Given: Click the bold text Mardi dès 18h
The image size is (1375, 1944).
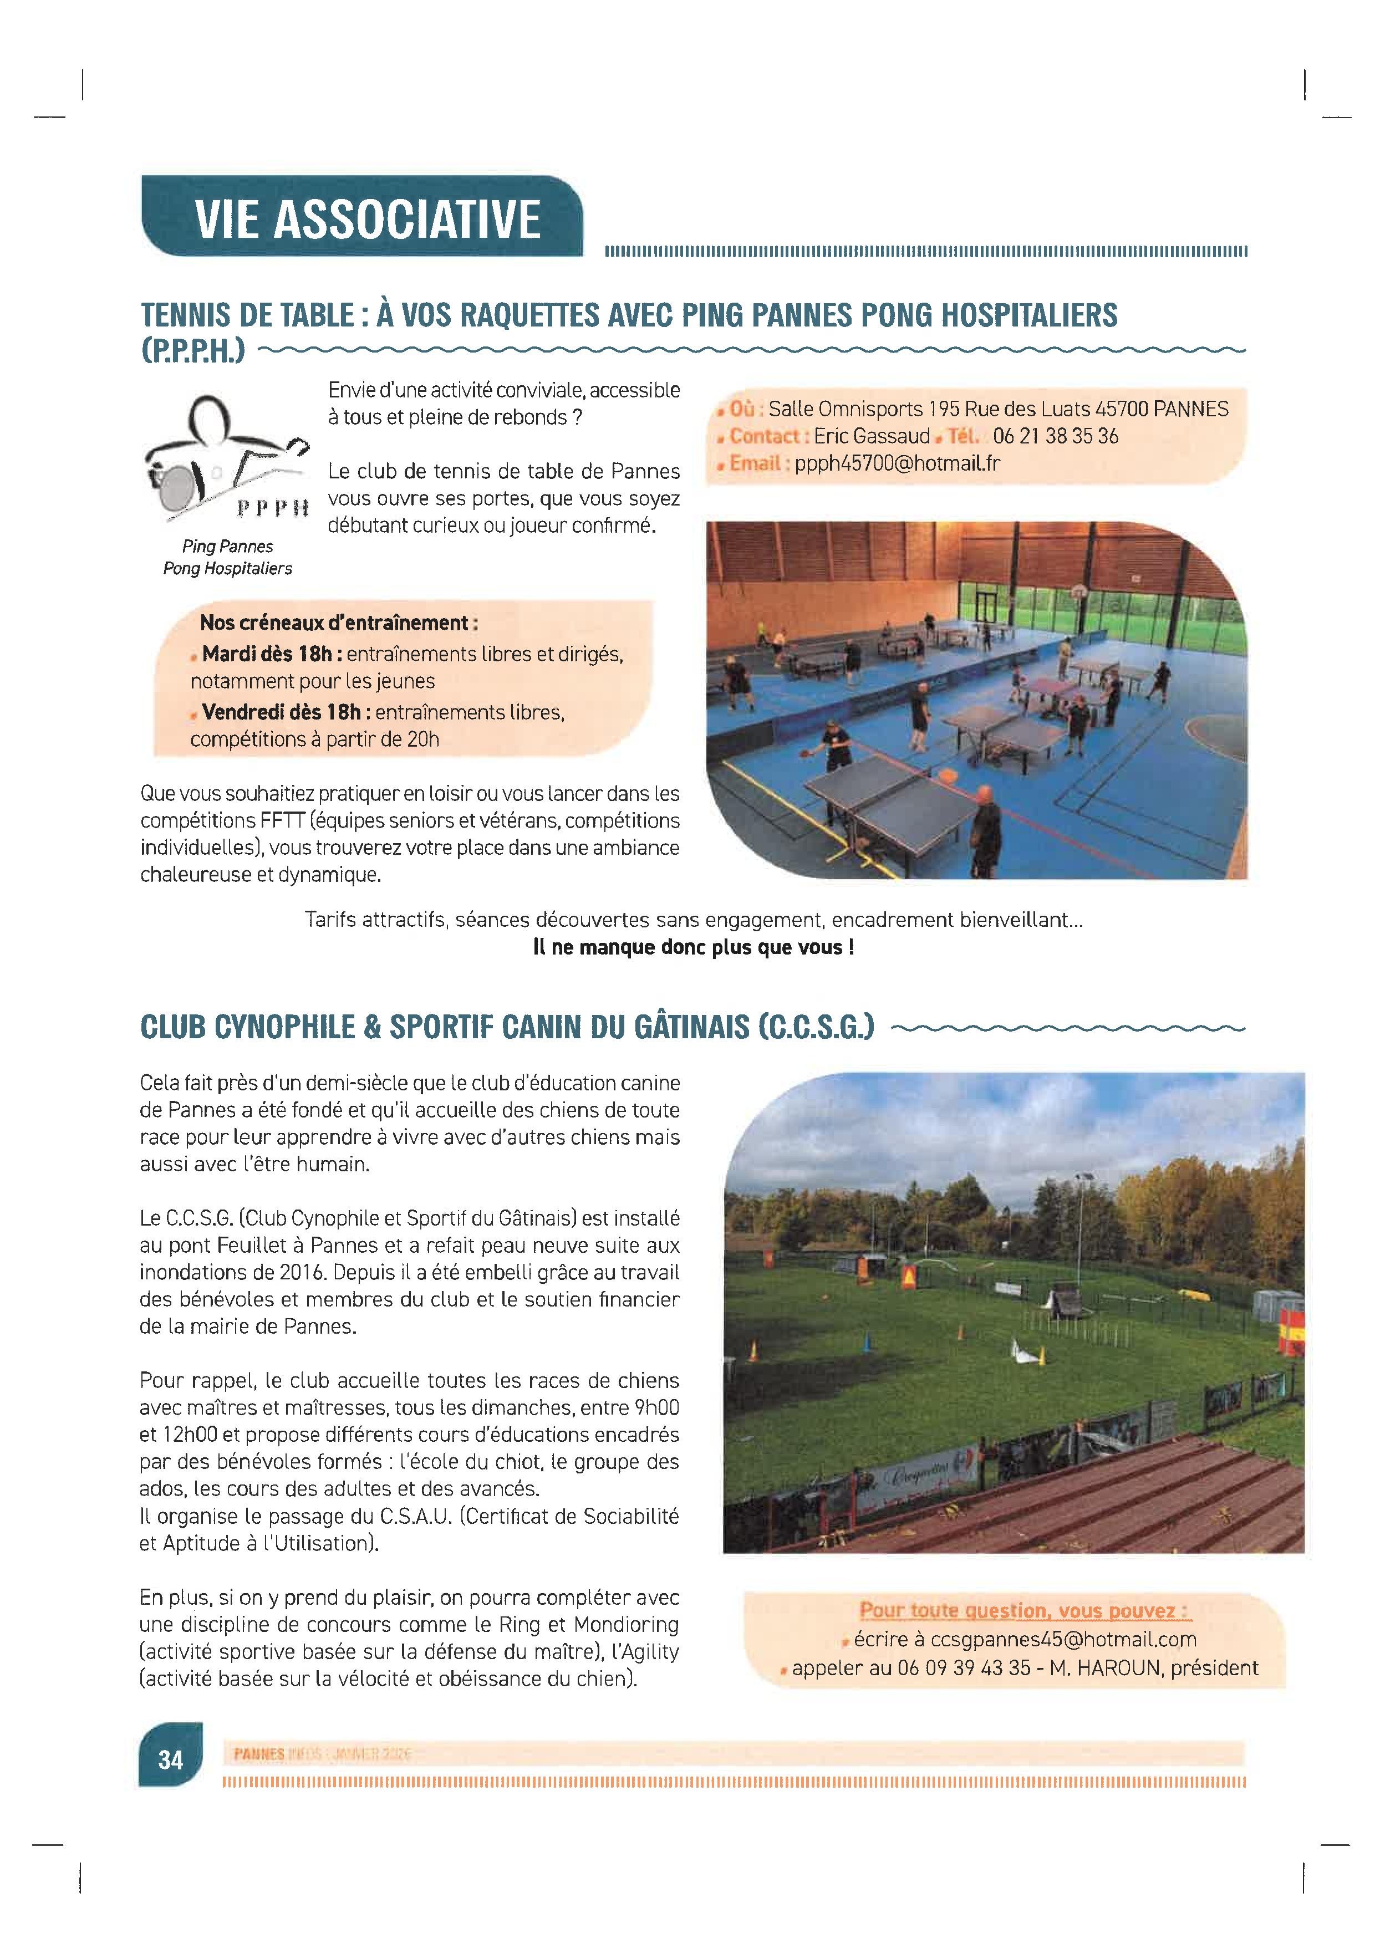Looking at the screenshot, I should pyautogui.click(x=271, y=655).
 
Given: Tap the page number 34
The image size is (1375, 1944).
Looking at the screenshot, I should pyautogui.click(x=170, y=1761).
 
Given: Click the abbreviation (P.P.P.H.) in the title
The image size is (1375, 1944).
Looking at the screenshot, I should pyautogui.click(x=193, y=350).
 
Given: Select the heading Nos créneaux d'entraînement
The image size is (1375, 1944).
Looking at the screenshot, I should pyautogui.click(x=339, y=623).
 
